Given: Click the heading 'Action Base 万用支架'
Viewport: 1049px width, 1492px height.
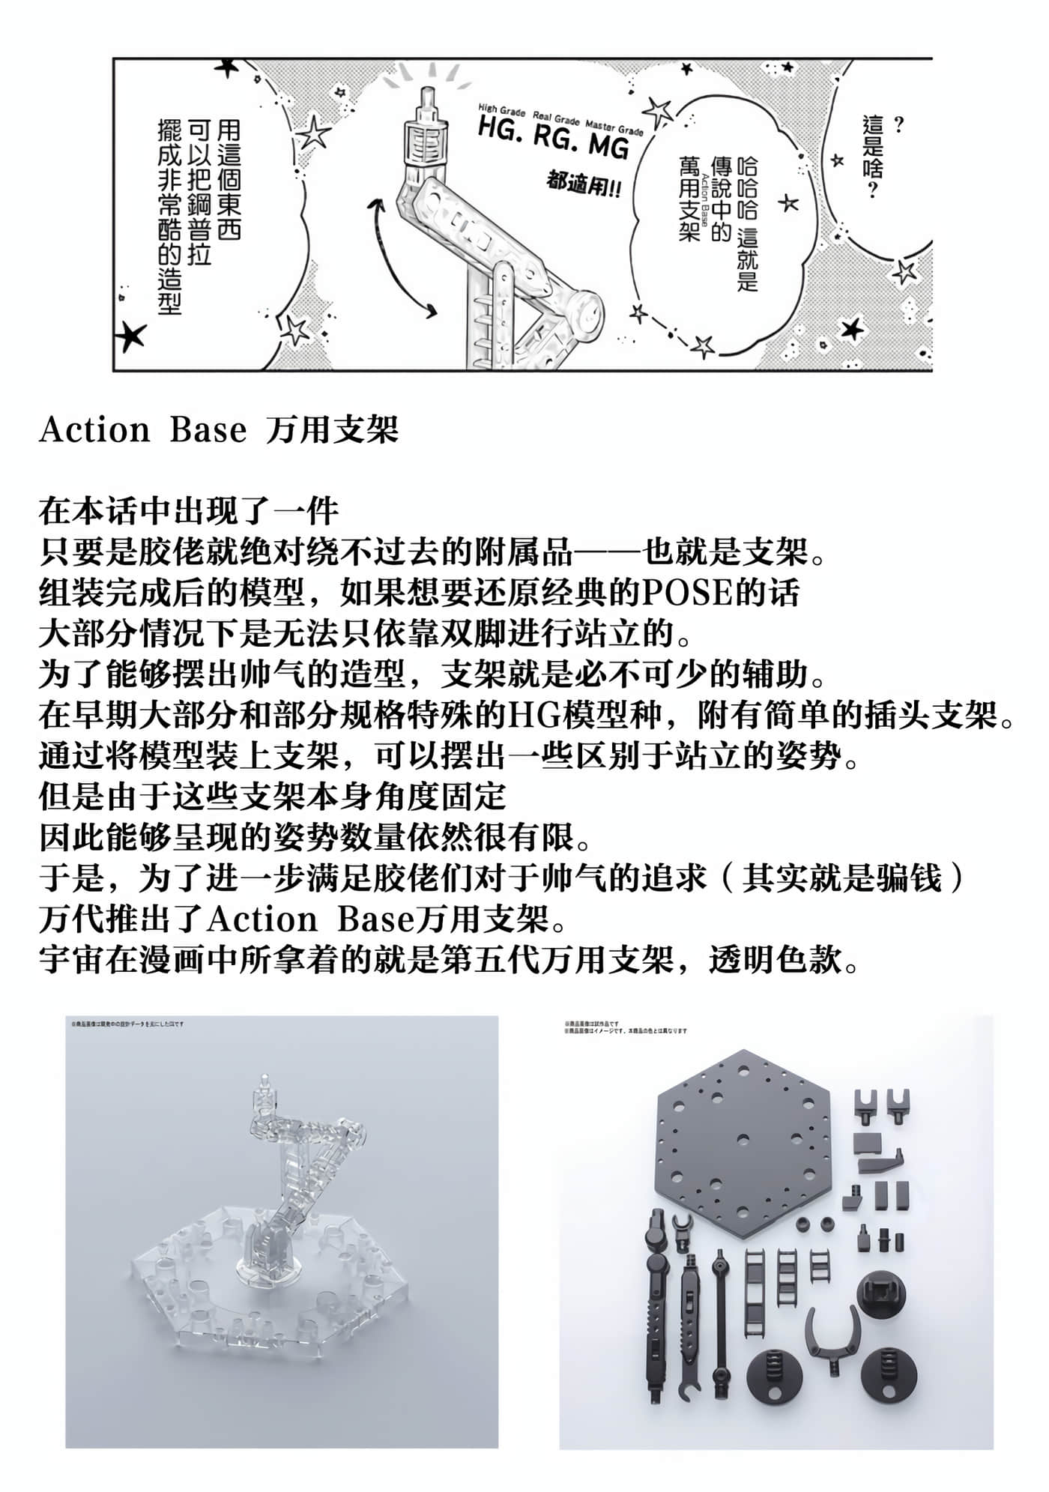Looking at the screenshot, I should (218, 430).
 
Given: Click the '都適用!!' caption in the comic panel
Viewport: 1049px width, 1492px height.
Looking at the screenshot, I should (584, 185).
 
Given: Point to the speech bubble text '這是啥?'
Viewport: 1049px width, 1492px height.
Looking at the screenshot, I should (872, 157).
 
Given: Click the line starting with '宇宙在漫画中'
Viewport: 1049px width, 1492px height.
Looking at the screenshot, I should (450, 960).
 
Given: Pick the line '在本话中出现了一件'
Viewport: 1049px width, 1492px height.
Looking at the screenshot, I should (189, 513).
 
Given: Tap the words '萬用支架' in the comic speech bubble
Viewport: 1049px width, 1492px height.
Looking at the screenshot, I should (689, 199).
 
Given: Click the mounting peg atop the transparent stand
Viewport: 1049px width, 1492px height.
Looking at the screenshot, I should (264, 1085).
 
